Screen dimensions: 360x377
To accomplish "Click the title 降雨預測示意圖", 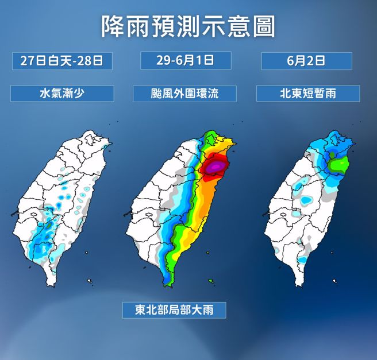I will (188, 26).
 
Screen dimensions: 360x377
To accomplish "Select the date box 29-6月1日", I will (185, 60).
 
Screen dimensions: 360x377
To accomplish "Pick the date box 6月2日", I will (306, 61).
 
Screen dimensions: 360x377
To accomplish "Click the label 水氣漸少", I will (61, 93).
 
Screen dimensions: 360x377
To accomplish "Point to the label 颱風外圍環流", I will (184, 94).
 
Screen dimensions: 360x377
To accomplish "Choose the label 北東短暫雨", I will (307, 93).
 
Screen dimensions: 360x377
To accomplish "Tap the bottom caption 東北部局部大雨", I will (173, 310).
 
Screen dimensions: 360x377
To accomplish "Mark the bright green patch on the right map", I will (339, 166).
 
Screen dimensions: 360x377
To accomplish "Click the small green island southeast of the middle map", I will (211, 281).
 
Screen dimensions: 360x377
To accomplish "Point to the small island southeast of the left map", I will (90, 281).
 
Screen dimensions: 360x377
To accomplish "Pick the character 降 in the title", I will (112, 26).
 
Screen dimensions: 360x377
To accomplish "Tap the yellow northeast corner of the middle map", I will (230, 144).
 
